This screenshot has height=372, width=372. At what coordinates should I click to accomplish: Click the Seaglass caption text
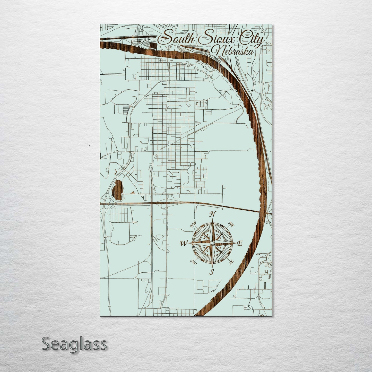[x=74, y=344]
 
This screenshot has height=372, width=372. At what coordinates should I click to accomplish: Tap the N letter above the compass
[x=212, y=214]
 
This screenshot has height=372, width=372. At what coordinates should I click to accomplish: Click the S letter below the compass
[x=212, y=272]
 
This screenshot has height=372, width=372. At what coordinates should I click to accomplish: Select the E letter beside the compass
[x=240, y=243]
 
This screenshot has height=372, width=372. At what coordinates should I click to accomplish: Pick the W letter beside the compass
[x=184, y=243]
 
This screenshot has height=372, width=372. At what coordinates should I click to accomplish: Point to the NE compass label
[x=231, y=225]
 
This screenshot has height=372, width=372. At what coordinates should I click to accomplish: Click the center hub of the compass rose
[x=212, y=243]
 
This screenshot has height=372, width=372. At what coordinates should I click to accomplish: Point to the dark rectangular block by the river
[x=153, y=46]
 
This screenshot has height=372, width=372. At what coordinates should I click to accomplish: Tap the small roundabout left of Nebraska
[x=182, y=50]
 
